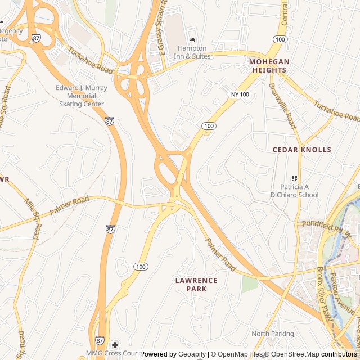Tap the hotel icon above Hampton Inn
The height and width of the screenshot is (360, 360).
[x=192, y=39]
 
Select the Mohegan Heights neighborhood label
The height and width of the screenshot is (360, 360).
[x=269, y=66]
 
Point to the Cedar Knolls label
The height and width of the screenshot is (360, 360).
[x=302, y=150]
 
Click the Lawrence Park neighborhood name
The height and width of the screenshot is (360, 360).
[x=196, y=284]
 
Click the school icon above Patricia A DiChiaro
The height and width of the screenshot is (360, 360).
[x=294, y=178]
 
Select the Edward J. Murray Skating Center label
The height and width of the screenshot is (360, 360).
[x=82, y=96]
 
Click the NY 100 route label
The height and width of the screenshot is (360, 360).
[x=240, y=94]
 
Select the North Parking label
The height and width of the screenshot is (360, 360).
[x=273, y=334]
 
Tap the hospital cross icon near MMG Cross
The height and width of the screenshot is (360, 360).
[x=115, y=344]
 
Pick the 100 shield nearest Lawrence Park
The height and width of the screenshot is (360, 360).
[x=141, y=266]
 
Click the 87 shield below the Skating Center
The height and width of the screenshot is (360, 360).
[x=110, y=121]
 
